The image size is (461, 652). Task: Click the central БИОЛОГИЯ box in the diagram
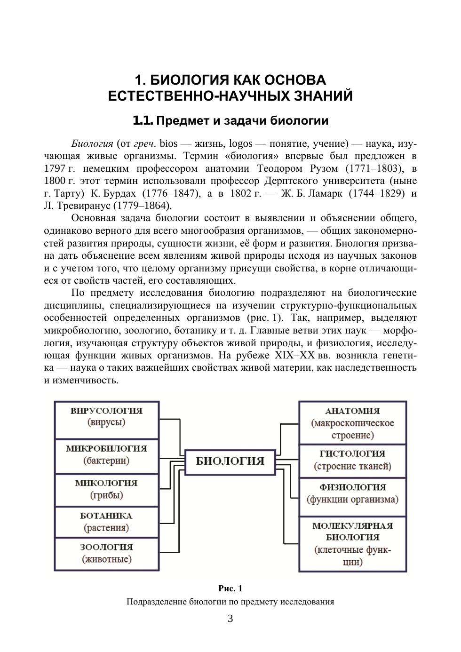coord(230,461)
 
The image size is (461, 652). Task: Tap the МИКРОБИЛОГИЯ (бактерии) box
coord(106,455)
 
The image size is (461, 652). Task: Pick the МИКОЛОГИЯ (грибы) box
coord(106,489)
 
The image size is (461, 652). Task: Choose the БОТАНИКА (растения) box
coord(106,522)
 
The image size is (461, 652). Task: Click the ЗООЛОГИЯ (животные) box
coord(106,554)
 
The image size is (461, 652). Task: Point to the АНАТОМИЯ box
coord(352,423)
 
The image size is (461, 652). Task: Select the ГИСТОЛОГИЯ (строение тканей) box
coord(352,460)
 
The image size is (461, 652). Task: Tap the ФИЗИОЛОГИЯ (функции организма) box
coord(352,493)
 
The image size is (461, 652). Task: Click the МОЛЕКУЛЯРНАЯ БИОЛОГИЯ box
coord(352,543)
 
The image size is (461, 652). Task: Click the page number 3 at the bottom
coord(230,619)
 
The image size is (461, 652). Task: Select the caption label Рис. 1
coord(230,588)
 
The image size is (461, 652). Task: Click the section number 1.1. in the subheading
coord(143,121)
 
